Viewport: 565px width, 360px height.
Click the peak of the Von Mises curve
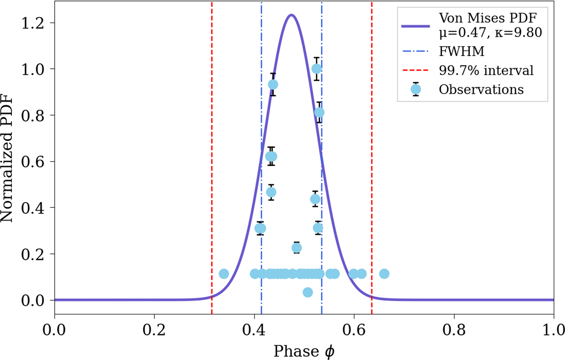tap(291, 15)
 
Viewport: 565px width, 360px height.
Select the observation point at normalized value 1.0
tap(317, 69)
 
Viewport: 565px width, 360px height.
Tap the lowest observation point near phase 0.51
tap(307, 292)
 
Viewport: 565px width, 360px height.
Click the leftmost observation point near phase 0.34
tap(224, 274)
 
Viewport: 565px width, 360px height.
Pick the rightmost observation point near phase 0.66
tap(384, 274)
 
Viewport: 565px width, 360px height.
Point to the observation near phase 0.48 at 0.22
tap(297, 248)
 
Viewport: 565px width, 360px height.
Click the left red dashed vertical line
tap(212, 141)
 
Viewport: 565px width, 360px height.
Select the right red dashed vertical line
tap(371, 141)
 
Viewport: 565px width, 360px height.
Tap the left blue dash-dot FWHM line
tap(261, 118)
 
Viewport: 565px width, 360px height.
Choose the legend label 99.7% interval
tap(486, 71)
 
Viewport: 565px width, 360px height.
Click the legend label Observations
tap(481, 90)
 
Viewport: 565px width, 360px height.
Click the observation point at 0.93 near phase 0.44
tap(273, 84)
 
